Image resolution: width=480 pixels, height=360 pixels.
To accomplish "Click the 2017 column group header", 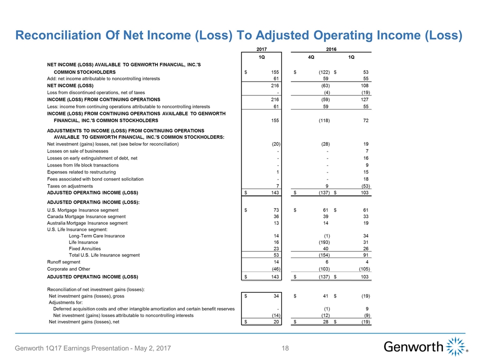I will (x=261, y=49).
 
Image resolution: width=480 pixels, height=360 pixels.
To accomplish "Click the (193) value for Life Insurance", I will (x=323, y=242).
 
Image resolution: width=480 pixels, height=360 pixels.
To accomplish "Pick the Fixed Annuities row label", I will (x=84, y=248).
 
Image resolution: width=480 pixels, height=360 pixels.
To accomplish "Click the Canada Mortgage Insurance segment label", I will (x=86, y=216).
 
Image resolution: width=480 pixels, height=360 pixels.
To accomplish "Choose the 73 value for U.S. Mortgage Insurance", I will (x=274, y=210).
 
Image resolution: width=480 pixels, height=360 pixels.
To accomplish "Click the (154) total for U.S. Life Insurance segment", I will (x=323, y=255).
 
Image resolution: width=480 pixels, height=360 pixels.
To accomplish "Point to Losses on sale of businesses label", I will (x=77, y=151).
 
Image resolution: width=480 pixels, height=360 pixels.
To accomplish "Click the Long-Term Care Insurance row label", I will (x=97, y=235).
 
